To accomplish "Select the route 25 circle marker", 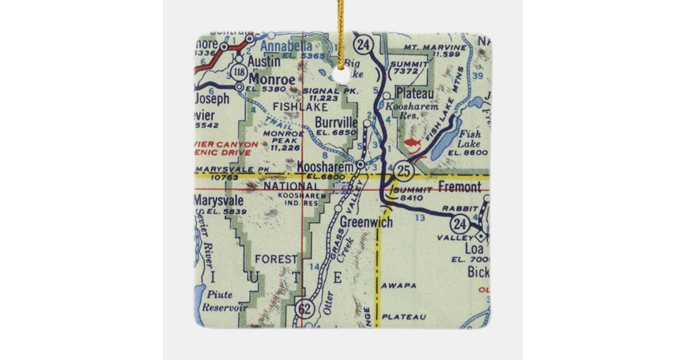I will click(x=402, y=170).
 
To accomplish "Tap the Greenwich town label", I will click(x=366, y=222).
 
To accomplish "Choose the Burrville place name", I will click(x=336, y=122).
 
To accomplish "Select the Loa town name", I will click(x=474, y=249).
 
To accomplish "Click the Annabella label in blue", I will click(x=286, y=46).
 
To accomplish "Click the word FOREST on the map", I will click(x=277, y=259).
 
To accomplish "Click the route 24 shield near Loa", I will click(x=459, y=222).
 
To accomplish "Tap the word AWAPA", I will click(x=396, y=284).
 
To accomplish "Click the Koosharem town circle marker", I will click(x=361, y=165).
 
